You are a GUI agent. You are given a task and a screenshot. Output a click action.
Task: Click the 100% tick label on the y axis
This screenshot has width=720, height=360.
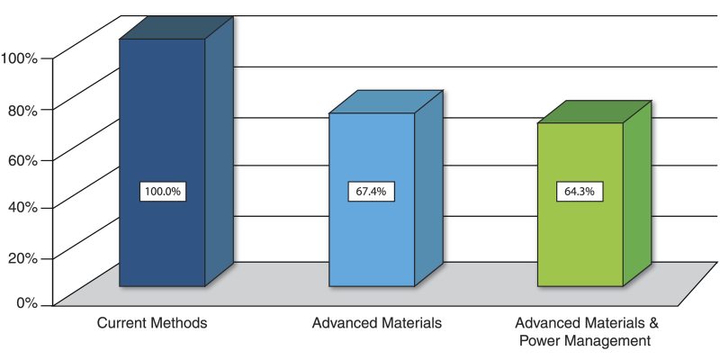pos(19,58)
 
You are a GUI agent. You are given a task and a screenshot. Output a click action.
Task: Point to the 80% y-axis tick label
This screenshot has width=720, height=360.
pos(22,110)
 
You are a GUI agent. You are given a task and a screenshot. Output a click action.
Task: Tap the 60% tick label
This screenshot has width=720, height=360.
pos(22,160)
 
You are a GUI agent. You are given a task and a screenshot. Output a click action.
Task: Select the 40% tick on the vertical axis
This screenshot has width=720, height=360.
pos(22,207)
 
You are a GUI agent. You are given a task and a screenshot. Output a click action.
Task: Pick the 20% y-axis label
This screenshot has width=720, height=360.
pos(22,257)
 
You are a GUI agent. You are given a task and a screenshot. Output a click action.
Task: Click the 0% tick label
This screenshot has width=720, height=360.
pos(26,303)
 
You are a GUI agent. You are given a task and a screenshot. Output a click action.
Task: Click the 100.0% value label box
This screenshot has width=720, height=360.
pos(163,192)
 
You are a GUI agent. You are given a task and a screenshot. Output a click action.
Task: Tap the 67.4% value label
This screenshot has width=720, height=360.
pos(372,192)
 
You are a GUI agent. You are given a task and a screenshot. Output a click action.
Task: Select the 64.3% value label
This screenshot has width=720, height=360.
pos(580,192)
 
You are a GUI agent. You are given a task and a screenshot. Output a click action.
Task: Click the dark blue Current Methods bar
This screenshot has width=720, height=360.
pos(163,243)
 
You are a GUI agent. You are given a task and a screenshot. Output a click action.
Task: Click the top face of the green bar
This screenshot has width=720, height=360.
pos(593,112)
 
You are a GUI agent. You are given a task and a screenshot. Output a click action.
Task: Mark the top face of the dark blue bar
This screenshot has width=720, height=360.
pos(176,27)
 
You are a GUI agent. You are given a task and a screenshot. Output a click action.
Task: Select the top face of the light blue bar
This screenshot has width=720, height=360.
pos(385,102)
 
